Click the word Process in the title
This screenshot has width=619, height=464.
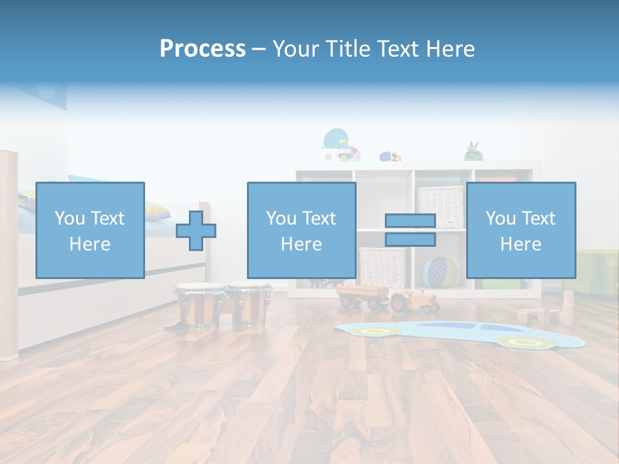point(202,49)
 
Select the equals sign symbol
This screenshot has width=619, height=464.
point(410,231)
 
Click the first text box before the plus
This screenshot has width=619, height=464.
point(90,230)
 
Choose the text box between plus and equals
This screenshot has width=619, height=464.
point(301,230)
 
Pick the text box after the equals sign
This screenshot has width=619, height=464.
point(520,230)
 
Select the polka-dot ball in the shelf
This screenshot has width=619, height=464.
point(440,272)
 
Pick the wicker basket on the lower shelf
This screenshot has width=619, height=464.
point(382,267)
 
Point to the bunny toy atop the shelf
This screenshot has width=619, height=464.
point(474,151)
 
